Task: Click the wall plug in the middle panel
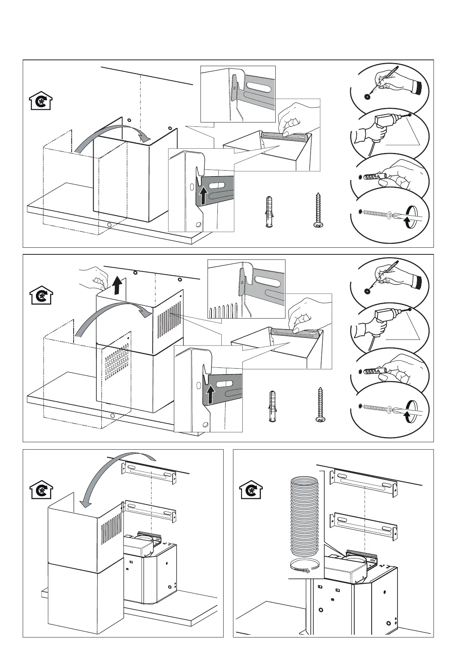pos(272,405)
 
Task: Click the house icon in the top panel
pos(42,101)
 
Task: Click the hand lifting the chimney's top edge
pos(93,275)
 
